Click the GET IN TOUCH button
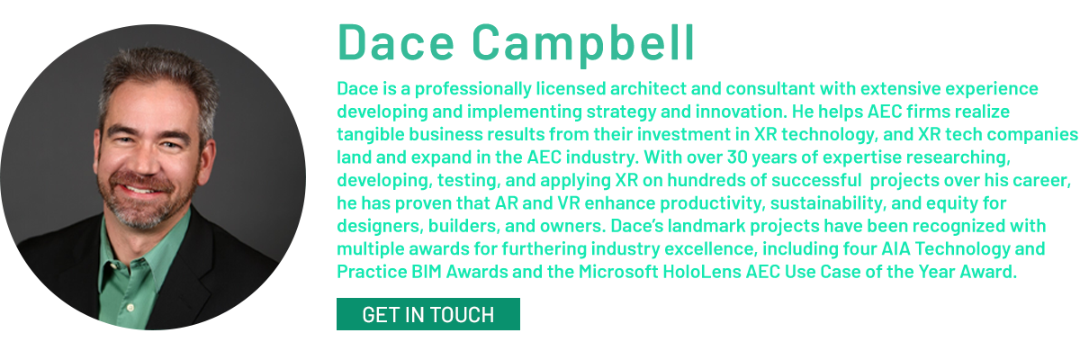pos(428,314)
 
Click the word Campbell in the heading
pos(583,45)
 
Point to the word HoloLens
pos(702,272)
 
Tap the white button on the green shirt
pos(130,307)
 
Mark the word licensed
pos(571,89)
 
